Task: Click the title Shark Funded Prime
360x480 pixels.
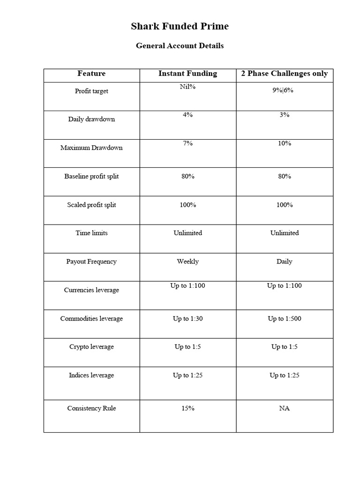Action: [180, 27]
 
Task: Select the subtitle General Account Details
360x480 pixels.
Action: [180, 46]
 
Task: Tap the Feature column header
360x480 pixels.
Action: [91, 74]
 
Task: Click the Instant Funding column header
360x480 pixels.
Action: [187, 74]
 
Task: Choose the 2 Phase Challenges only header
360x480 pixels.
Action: [285, 74]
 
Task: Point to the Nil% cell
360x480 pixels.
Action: [187, 87]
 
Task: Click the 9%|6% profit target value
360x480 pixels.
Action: [285, 90]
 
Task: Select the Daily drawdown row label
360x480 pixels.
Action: [91, 119]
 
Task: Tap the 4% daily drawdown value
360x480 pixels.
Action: [187, 115]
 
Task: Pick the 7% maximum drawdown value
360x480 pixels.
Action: [187, 143]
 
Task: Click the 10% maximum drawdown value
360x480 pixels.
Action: [285, 143]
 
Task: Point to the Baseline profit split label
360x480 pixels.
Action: [91, 176]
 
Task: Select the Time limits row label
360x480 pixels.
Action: [91, 233]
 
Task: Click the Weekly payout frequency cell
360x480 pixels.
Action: [187, 262]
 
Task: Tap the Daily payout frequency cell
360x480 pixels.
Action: [285, 262]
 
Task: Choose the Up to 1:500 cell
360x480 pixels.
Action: [285, 319]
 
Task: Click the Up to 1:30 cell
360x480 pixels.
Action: [187, 319]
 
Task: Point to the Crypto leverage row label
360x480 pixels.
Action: [91, 347]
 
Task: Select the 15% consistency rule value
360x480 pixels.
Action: [187, 408]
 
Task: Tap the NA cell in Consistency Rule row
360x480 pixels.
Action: [285, 408]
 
